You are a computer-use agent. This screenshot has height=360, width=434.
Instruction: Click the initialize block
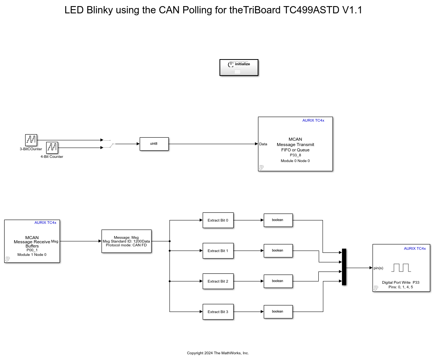pos(239,67)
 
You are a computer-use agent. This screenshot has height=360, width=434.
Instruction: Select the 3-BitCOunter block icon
pos(31,140)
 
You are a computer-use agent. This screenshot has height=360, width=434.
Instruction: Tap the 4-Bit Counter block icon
pos(52,148)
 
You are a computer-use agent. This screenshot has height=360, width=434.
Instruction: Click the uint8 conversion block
pos(154,144)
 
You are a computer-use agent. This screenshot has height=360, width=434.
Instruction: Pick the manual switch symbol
pos(108,144)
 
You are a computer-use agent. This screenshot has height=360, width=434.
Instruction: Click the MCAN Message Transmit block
pos(295,144)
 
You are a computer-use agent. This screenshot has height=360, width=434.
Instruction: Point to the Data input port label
pos(263,144)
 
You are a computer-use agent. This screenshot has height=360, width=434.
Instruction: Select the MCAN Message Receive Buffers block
pos(32,241)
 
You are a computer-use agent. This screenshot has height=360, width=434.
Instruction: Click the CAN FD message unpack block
pos(126,241)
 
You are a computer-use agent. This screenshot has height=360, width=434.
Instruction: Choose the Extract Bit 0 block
pos(218,220)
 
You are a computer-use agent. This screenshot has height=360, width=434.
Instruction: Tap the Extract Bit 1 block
pos(218,251)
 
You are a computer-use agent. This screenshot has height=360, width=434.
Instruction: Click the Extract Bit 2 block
pos(218,281)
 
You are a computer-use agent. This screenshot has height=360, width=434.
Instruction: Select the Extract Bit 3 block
pos(218,312)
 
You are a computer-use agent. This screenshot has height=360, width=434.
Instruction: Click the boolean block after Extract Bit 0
pos(278,220)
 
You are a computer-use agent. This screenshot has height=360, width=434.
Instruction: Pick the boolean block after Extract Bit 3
pos(278,312)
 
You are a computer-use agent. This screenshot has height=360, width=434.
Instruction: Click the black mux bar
pos(344,267)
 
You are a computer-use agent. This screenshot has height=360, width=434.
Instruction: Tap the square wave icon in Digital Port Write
pos(401,268)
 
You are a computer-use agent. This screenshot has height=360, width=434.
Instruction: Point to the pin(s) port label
pos(378,268)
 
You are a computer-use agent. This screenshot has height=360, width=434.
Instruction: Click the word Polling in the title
pos(196,10)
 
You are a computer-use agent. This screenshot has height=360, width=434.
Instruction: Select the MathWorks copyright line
pos(218,353)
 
